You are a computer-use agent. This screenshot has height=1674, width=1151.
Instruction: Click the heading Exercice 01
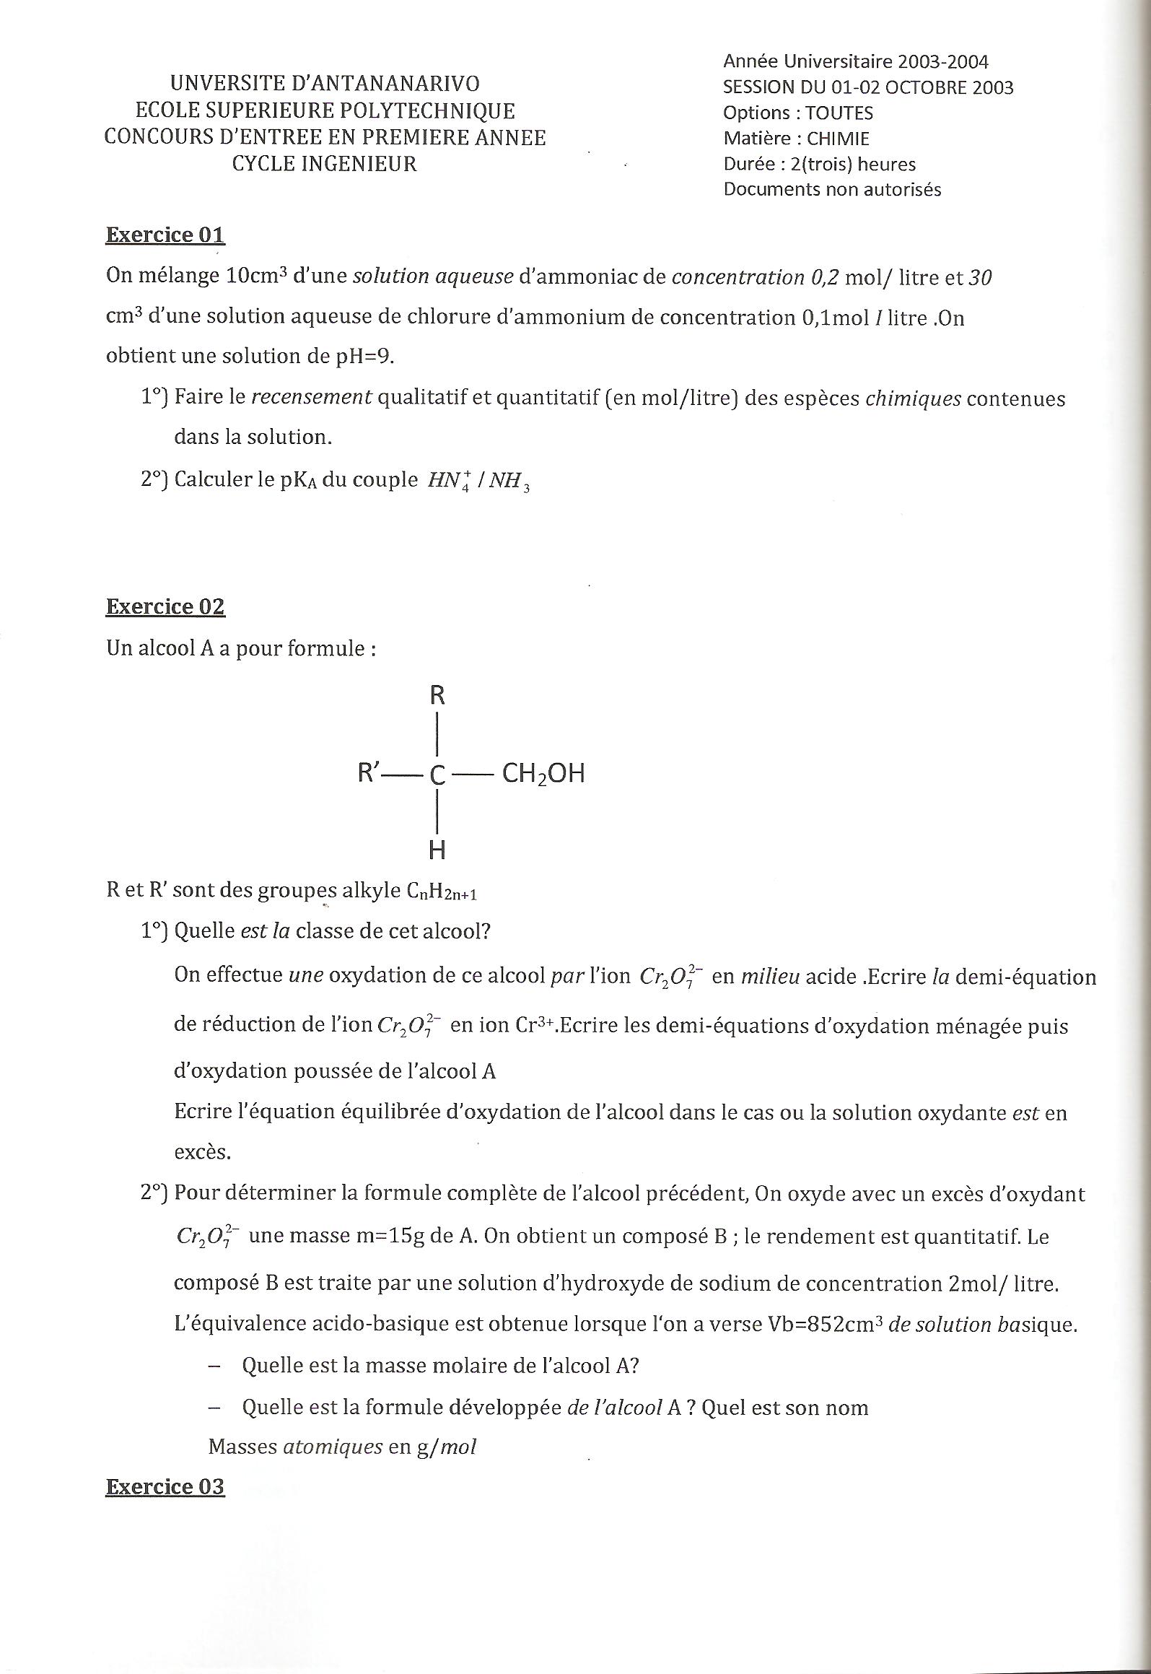(x=165, y=235)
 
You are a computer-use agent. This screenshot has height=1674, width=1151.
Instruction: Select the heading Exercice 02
(x=165, y=607)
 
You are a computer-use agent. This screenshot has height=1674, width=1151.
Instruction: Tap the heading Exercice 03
(x=165, y=1486)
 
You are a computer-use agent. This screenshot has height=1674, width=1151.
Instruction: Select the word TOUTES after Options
(x=839, y=113)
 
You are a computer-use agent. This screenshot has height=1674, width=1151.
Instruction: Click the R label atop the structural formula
(x=437, y=696)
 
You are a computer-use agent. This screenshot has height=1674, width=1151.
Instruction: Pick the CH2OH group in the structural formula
(x=543, y=774)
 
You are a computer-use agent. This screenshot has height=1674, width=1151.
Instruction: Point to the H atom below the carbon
(x=437, y=850)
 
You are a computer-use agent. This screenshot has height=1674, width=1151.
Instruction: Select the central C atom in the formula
(x=437, y=775)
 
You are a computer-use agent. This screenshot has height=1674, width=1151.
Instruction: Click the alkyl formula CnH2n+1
(x=442, y=892)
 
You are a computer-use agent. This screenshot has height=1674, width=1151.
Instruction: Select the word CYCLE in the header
(x=263, y=164)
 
